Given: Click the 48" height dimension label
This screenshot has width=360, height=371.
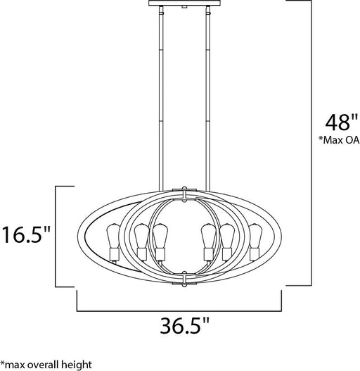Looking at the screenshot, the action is point(342,122).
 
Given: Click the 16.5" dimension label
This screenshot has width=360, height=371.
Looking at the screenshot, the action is point(26,234).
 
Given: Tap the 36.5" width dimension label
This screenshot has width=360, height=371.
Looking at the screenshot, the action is point(185,325).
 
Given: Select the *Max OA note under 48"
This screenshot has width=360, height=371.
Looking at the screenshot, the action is point(339,140).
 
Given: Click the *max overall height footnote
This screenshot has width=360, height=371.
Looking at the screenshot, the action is point(46,365).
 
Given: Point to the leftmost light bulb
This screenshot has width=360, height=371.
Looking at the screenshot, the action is point(113,235).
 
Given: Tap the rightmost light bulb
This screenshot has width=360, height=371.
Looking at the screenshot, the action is point(255,235).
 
